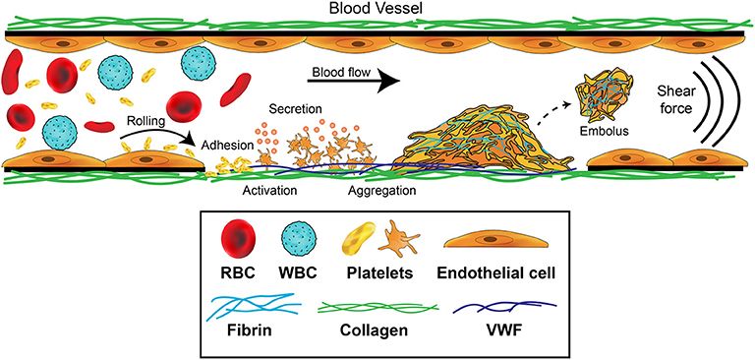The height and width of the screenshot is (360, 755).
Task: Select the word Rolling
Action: pos(146,121)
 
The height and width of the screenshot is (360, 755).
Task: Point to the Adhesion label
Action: pos(228,145)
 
